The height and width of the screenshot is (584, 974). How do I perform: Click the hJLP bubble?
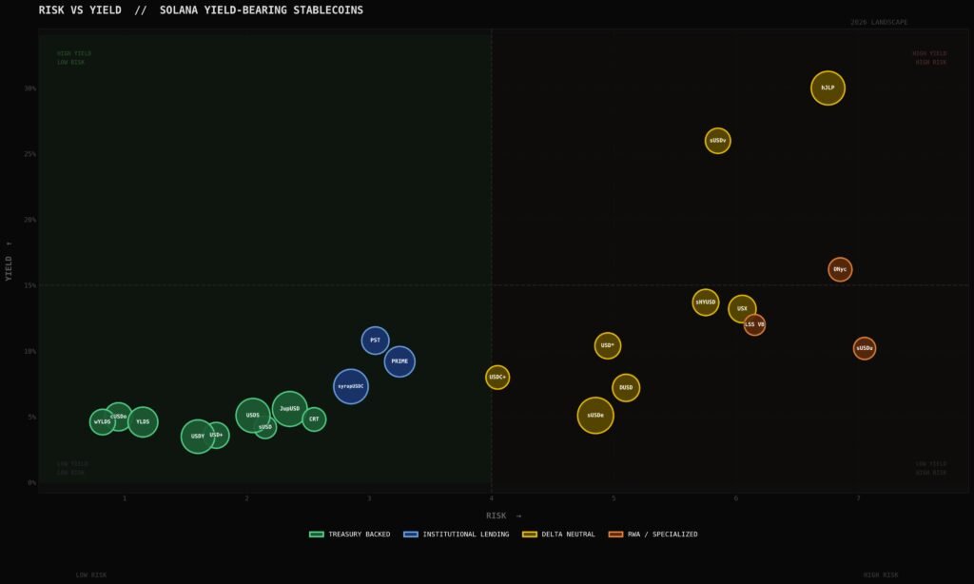pos(828,88)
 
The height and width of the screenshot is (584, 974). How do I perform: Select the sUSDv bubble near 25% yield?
pos(717,141)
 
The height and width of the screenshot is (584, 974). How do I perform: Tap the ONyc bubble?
pos(840,269)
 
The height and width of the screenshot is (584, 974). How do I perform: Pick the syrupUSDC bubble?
pos(351,386)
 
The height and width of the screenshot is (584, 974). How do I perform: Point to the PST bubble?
pos(375,340)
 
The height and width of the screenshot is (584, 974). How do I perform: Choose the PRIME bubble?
pos(399,361)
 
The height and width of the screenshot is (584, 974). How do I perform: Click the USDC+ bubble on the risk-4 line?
pos(497,378)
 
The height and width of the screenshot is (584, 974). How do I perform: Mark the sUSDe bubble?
pos(595,416)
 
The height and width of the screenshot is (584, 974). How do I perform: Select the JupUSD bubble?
pos(290,409)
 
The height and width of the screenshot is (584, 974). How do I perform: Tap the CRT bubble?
pos(314,419)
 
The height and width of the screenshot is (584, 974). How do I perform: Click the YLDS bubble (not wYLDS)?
pos(143,421)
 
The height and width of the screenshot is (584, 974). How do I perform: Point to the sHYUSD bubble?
pos(706,302)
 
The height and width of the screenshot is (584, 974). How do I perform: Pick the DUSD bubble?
pos(626,387)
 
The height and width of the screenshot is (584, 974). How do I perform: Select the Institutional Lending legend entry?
pos(451,535)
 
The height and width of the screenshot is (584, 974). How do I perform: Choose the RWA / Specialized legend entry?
pos(653,535)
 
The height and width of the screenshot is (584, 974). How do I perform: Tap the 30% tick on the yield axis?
pos(30,88)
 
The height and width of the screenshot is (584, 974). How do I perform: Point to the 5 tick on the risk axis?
pos(614,498)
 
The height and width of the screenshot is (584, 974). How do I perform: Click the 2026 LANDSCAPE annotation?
pos(879,22)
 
